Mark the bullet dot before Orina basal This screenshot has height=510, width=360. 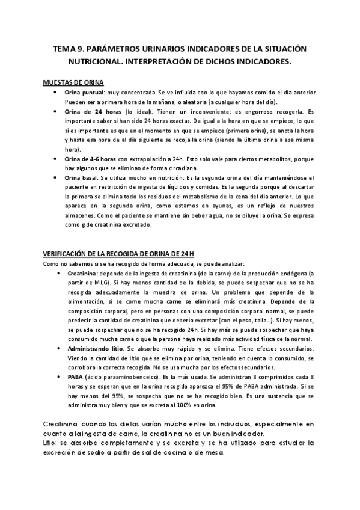(x=56, y=178)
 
